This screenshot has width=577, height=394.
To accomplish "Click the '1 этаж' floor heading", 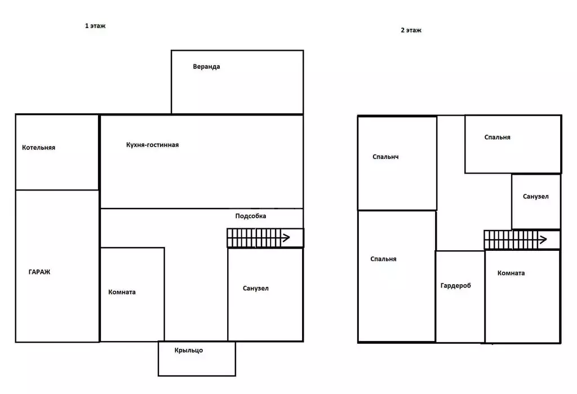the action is click(95, 26).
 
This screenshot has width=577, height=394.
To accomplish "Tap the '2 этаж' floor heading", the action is click(411, 30).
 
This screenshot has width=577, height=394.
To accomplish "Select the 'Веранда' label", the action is click(206, 67).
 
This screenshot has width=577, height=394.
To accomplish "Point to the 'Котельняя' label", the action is click(39, 148).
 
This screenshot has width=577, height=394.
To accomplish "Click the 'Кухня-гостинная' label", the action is click(152, 145).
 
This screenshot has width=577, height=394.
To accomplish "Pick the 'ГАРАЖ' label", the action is click(39, 272).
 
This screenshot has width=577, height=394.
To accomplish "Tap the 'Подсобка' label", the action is click(251, 216).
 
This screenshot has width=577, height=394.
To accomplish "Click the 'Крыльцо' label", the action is click(189, 350).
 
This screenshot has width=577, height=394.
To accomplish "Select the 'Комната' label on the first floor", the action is click(122, 292).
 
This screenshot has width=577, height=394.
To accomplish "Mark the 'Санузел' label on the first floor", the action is click(256, 289).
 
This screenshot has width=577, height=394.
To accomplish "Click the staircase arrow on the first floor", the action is click(286, 238).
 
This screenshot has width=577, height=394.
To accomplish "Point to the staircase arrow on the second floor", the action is click(543, 240).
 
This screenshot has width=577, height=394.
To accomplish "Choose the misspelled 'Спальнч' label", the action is click(385, 157).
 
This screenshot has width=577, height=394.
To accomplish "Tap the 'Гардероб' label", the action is click(455, 285).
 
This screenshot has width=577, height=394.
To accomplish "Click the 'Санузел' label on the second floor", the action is click(536, 197).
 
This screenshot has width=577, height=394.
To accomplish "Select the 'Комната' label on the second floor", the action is click(511, 273).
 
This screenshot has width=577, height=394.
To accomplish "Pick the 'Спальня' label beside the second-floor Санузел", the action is click(497, 138).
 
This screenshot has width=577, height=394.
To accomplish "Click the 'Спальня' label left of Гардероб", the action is click(383, 259).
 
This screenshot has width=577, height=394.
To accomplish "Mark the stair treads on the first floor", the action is click(254, 238).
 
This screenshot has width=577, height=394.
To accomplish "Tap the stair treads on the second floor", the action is click(511, 240).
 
